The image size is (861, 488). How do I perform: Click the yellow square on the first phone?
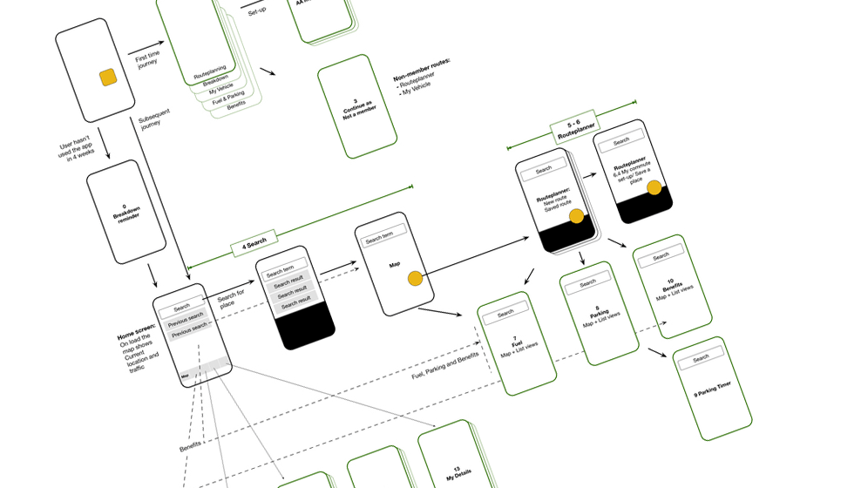pos(109,78)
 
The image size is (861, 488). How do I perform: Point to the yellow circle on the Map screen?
pos(415,279)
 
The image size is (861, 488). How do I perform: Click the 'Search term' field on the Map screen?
pos(379,236)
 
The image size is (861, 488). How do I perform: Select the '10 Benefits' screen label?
pos(673,287)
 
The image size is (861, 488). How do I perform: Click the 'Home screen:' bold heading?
pos(136,331)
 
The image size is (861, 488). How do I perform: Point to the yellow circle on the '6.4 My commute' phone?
pos(654,188)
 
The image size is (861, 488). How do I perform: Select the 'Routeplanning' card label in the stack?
pos(209,71)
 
